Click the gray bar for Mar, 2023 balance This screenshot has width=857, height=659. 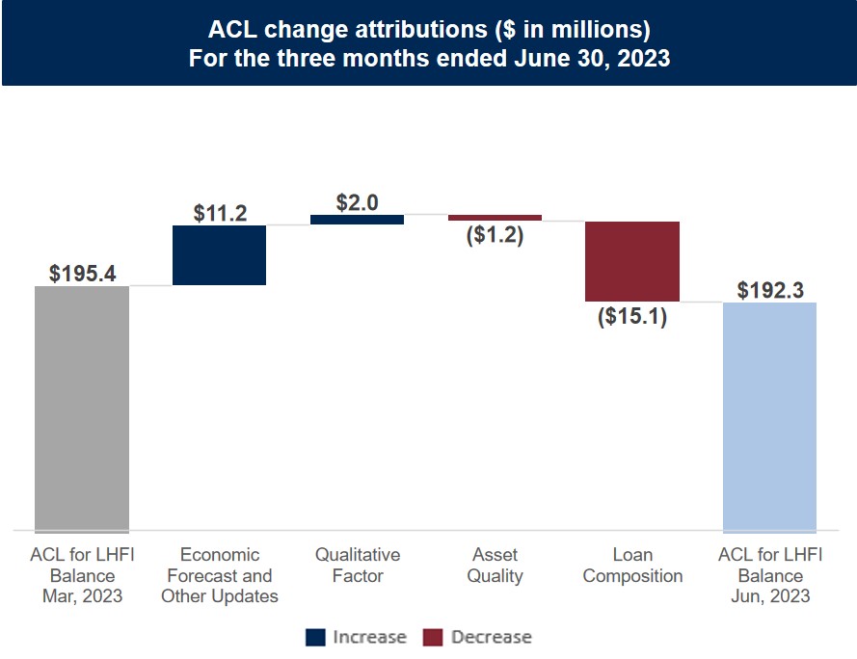click(82, 408)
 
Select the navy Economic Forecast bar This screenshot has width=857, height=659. click(219, 255)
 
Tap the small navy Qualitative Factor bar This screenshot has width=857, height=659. click(357, 220)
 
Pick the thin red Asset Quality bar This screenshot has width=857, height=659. click(495, 218)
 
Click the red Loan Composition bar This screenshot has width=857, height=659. click(632, 261)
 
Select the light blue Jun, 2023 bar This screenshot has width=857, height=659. click(769, 416)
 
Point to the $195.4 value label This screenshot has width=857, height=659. click(83, 274)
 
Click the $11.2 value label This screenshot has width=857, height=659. click(220, 213)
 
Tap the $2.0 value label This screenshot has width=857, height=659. click(358, 202)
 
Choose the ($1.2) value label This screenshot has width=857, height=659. click(495, 234)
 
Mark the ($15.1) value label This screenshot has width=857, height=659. click(632, 315)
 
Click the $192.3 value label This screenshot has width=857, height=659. click(770, 290)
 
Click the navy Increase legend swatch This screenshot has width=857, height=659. click(315, 637)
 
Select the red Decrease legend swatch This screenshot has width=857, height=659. click(433, 637)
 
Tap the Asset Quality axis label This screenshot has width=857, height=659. click(495, 566)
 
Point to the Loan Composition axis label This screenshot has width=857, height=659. click(632, 566)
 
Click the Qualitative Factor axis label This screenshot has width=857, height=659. click(358, 566)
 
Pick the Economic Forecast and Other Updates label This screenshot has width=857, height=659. click(220, 575)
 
